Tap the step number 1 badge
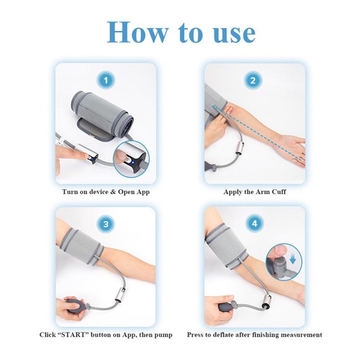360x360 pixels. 105,81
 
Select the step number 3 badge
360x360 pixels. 105,224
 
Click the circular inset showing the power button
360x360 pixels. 134,157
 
